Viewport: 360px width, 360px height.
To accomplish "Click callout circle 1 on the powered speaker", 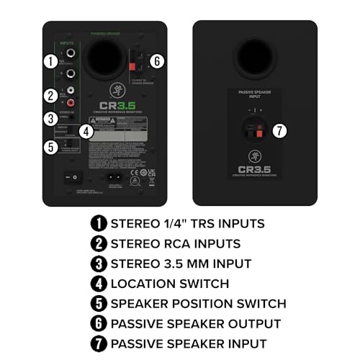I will click(x=49, y=61).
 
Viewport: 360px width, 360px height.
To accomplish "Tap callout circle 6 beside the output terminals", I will click(x=158, y=61).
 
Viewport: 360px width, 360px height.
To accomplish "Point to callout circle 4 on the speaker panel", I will click(x=86, y=131).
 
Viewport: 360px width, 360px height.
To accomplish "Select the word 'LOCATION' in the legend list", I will click(x=143, y=284).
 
